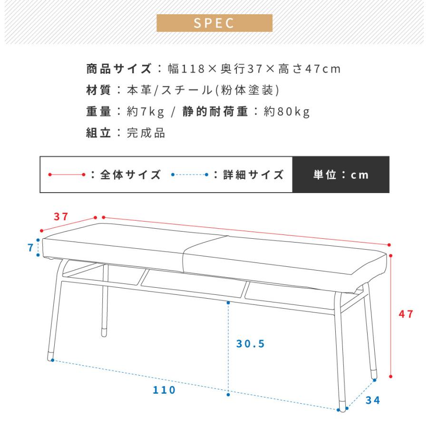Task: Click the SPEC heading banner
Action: pos(214,23)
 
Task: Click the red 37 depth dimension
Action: pos(60,217)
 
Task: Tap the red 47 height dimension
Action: pos(406,314)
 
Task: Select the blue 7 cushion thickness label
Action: pos(30,247)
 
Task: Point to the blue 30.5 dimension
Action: pos(250,344)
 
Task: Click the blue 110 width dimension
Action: pos(165,390)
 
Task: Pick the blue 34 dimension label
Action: pos(373,400)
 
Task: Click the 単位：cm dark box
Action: pos(340,175)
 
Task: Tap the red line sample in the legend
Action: pos(66,175)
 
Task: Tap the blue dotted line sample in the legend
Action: pos(189,175)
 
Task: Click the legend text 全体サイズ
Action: pos(130,175)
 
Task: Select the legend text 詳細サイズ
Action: pos(253,175)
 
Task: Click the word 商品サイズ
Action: pos(119,69)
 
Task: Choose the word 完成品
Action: pos(146,133)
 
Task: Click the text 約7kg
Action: pos(146,112)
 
